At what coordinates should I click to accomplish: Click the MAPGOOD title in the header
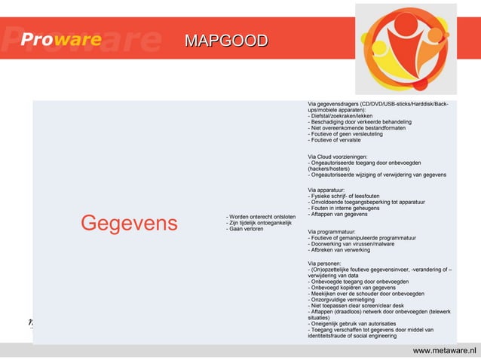click(226, 40)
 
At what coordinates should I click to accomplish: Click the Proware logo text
click(61, 40)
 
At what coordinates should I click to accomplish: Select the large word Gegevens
click(129, 223)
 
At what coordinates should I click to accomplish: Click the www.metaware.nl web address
click(445, 350)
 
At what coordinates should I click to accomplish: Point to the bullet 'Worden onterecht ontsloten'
click(261, 217)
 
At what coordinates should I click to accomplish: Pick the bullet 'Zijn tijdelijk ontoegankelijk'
click(259, 223)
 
